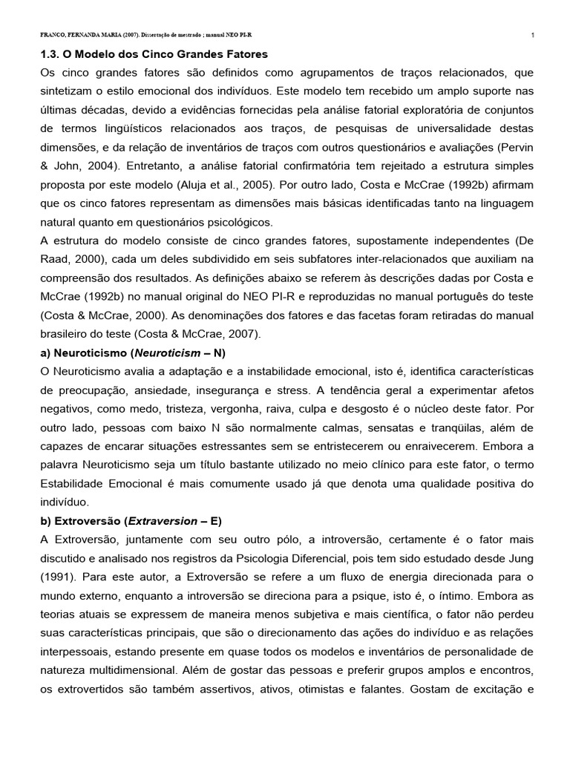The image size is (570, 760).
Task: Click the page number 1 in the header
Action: (x=534, y=35)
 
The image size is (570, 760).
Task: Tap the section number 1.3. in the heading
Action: (x=50, y=54)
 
